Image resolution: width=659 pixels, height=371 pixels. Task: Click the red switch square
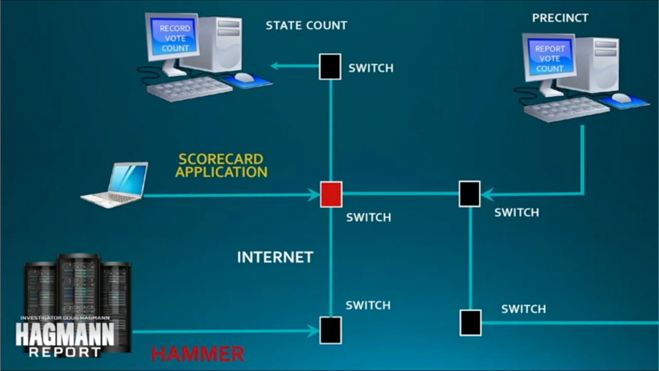click(331, 194)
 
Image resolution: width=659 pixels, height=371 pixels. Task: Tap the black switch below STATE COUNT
click(330, 66)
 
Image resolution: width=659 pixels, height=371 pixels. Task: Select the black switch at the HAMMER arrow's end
click(331, 330)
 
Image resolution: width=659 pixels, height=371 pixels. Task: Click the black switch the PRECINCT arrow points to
click(470, 194)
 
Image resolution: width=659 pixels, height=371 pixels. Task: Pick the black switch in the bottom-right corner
click(471, 323)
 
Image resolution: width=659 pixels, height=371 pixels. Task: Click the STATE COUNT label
click(306, 25)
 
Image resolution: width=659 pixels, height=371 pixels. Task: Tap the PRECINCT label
click(560, 18)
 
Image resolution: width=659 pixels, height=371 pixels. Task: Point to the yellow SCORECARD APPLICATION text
click(221, 165)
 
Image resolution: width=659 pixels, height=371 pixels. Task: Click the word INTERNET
click(275, 257)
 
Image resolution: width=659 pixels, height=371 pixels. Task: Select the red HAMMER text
click(198, 354)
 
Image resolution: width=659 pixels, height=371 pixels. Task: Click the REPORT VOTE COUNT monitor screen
click(550, 58)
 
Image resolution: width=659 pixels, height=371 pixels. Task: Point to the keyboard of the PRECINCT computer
click(566, 109)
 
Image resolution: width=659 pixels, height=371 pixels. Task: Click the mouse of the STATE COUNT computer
click(245, 77)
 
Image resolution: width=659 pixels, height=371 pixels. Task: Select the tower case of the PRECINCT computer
click(597, 64)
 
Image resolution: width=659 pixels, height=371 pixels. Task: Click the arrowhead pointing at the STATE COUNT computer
click(275, 66)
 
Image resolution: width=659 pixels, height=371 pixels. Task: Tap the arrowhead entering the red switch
click(314, 195)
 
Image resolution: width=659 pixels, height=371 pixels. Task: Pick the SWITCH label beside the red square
click(368, 217)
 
